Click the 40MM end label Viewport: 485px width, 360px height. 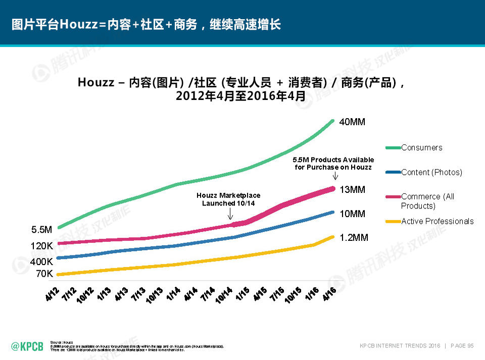[x=352, y=122]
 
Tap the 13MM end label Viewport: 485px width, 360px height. [x=352, y=190]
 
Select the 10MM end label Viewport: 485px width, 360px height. [x=352, y=214]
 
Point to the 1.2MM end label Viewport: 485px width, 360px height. [x=354, y=237]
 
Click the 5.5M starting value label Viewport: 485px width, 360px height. [x=42, y=230]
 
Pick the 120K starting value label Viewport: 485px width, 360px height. [x=42, y=246]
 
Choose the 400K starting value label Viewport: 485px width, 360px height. [x=42, y=262]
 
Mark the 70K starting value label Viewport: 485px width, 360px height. [x=44, y=274]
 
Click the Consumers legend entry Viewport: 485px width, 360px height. [x=421, y=147]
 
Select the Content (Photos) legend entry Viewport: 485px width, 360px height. [x=431, y=172]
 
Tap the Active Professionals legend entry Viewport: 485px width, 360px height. [x=437, y=221]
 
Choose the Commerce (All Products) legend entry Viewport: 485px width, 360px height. [x=427, y=201]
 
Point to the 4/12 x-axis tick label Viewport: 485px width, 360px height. [x=52, y=294]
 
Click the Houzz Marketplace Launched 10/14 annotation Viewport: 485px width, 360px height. [x=228, y=199]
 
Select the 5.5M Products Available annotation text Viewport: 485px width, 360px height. [x=333, y=164]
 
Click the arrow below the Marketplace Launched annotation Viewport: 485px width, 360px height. [x=230, y=216]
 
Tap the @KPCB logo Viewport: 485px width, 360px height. [x=27, y=346]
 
